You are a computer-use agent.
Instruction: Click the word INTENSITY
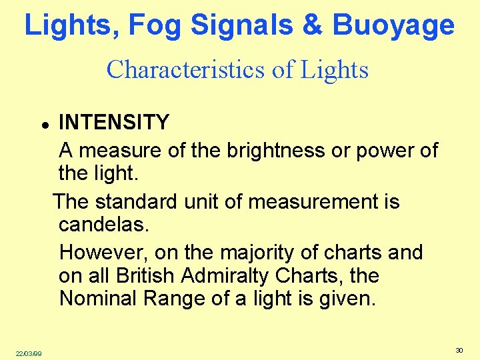tap(114, 123)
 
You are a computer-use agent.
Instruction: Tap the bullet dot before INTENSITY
tap(43, 125)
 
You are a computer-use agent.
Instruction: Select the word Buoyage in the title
tap(393, 26)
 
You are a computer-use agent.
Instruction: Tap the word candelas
tap(104, 224)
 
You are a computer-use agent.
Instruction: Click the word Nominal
tap(99, 298)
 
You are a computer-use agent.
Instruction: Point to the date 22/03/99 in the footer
tap(29, 353)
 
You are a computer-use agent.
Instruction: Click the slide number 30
tap(459, 351)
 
